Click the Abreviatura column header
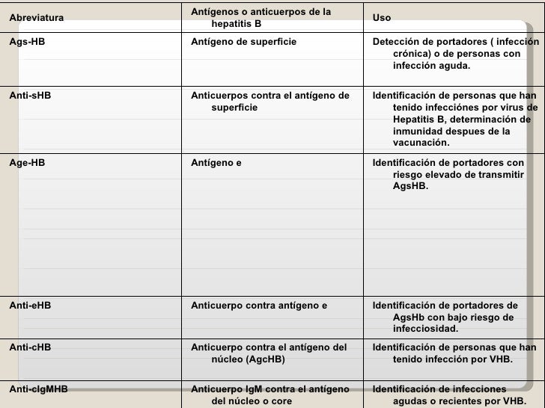(x=37, y=17)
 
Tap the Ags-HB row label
(x=27, y=42)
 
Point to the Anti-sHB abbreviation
(x=30, y=96)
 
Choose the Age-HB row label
(x=27, y=162)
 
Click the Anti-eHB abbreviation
(x=30, y=305)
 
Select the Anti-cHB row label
(x=30, y=347)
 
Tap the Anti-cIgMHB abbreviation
(x=38, y=389)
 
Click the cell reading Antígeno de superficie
(x=243, y=42)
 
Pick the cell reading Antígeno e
(x=216, y=162)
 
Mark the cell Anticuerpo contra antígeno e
(x=259, y=305)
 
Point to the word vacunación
(x=421, y=143)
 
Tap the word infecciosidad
(x=425, y=329)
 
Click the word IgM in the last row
(x=252, y=389)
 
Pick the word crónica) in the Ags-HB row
(x=412, y=54)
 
